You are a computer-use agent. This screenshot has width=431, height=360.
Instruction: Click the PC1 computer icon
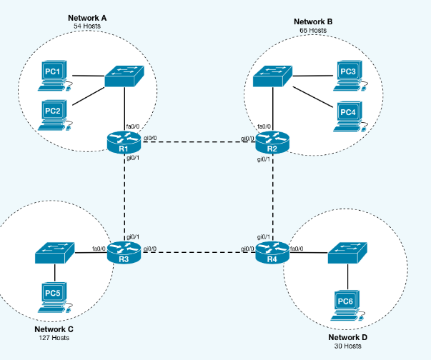[54, 76]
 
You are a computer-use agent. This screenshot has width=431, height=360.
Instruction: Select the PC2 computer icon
[54, 114]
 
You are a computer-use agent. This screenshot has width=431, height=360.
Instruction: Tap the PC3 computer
[348, 75]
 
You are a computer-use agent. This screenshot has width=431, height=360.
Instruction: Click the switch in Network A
[124, 76]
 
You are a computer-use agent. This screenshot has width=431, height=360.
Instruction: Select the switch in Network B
[272, 76]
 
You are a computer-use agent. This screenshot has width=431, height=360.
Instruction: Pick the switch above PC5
[54, 252]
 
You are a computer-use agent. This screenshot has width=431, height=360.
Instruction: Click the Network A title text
[86, 17]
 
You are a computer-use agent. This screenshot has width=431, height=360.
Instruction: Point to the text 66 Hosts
[313, 31]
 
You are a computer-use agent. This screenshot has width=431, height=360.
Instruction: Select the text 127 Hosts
[54, 338]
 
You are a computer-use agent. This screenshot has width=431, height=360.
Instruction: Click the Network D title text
[347, 336]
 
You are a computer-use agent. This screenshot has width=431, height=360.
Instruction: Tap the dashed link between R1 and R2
[198, 141]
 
